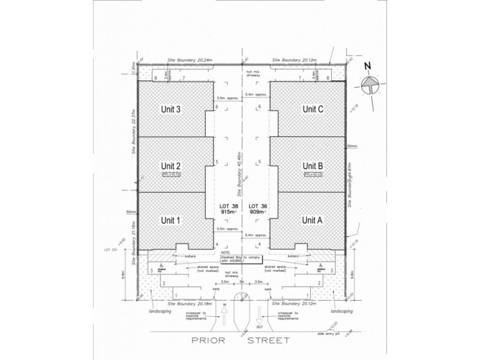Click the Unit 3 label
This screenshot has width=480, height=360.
[171, 109]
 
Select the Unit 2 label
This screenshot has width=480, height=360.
[171, 166]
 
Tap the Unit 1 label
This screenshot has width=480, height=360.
[171, 220]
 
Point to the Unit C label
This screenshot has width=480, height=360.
[313, 109]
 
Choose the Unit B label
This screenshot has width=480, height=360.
[313, 166]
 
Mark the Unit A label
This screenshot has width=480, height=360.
[313, 220]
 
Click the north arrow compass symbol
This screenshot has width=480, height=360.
[371, 86]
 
